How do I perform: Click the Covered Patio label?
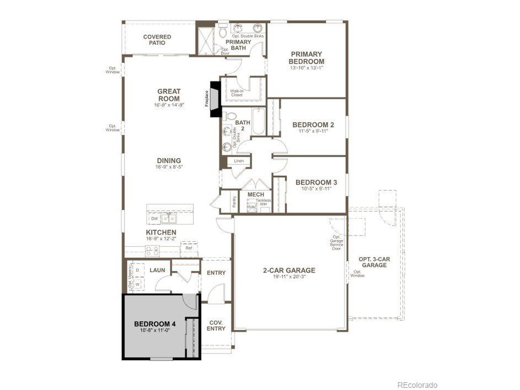[x=157, y=39]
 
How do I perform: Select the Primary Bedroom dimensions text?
[x=306, y=68]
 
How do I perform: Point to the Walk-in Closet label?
[x=236, y=93]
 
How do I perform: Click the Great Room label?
[x=169, y=95]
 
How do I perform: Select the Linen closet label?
[x=239, y=161]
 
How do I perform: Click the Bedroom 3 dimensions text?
[x=316, y=188]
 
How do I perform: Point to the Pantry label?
[x=234, y=202]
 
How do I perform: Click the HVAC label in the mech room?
[x=252, y=207]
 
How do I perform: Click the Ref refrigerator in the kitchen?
[x=189, y=248]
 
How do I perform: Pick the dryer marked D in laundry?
[x=138, y=270]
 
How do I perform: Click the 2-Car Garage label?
[x=289, y=270]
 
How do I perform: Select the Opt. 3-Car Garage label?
[x=374, y=262]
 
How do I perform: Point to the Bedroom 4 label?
[x=155, y=324]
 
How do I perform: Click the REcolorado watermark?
[x=417, y=385]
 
